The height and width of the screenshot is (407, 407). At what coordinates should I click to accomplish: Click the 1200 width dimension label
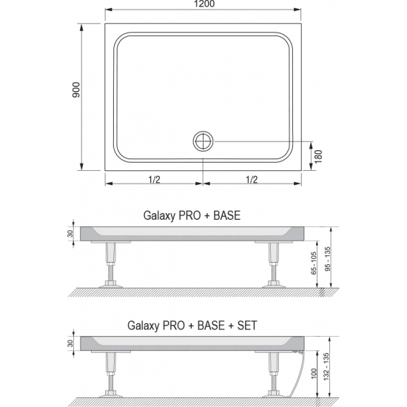click(203, 6)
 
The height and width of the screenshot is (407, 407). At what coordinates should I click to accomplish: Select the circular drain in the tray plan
click(203, 141)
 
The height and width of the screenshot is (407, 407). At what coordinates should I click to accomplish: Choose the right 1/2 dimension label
click(252, 178)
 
